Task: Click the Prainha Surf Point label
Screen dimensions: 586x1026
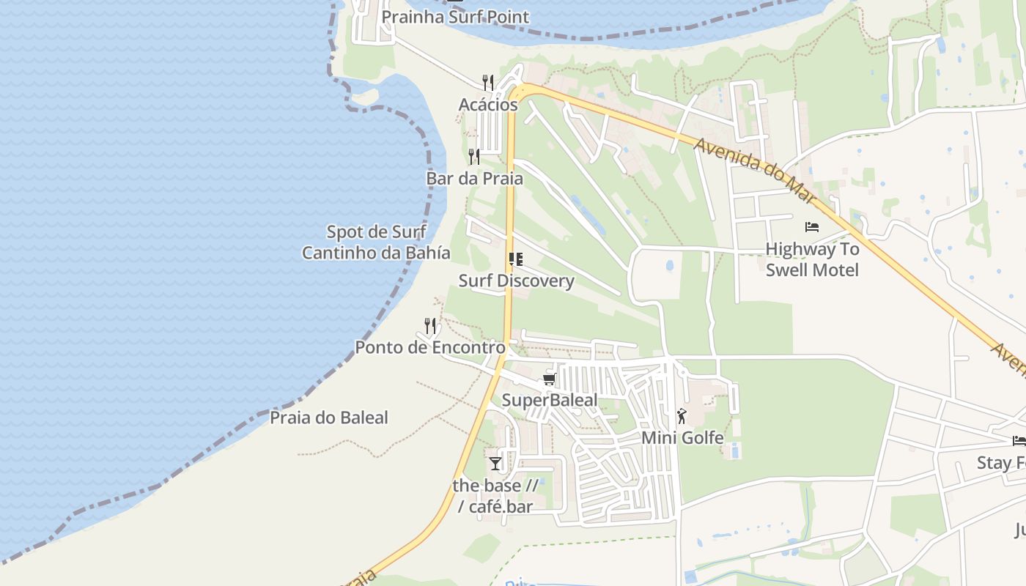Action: pos(454,16)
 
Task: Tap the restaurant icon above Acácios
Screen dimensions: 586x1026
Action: pos(488,82)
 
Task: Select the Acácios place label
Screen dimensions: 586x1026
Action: pos(488,105)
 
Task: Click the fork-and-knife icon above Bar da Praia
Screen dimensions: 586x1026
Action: pos(474,156)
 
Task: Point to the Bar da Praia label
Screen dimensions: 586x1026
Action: pos(474,178)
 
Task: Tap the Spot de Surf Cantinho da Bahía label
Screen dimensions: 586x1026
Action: pos(376,242)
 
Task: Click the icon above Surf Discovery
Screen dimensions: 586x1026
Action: pos(516,259)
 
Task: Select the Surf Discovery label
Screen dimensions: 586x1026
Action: pos(516,281)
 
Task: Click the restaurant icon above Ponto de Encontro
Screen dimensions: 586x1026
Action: pos(430,325)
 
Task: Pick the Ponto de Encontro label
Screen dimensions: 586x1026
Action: pos(430,347)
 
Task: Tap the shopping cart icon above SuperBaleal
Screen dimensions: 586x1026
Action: pos(549,379)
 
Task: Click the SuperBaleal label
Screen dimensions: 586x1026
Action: pos(549,400)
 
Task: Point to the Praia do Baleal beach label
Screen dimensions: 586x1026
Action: pos(329,418)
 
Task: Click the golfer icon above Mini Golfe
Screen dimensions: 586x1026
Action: pos(682,416)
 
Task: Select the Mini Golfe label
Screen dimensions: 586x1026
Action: pos(682,437)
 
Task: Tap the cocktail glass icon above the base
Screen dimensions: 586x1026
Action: pos(496,463)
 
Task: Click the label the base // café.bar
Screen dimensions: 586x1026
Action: pos(495,495)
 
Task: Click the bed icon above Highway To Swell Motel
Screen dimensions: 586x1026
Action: pos(812,227)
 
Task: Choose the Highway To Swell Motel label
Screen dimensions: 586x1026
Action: pos(812,259)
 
